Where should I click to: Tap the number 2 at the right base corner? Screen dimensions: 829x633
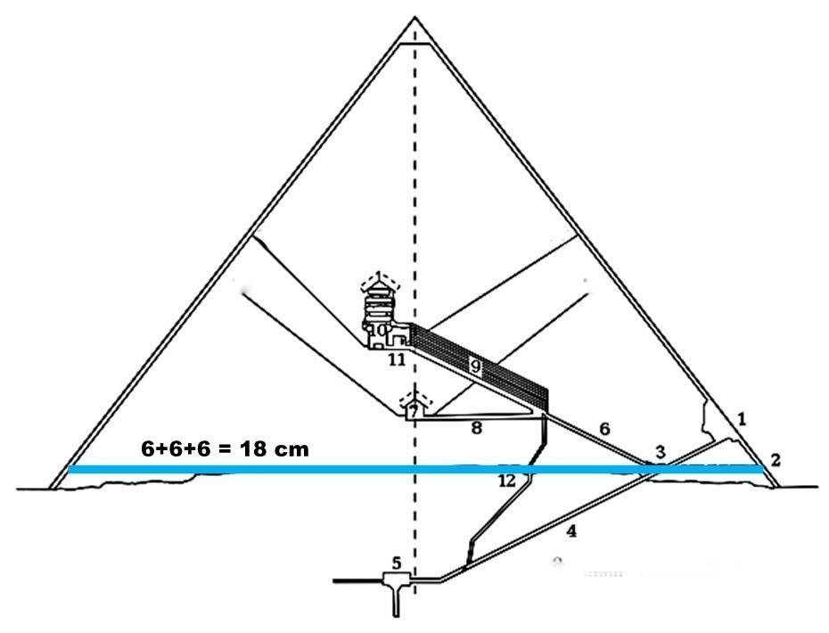click(x=776, y=460)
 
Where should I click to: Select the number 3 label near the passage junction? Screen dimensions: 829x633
click(x=660, y=452)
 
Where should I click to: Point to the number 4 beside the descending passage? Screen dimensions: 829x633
click(x=571, y=531)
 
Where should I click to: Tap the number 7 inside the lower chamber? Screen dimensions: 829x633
click(x=414, y=412)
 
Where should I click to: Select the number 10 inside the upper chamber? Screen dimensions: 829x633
click(x=377, y=332)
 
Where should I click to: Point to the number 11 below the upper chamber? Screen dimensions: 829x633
click(x=397, y=360)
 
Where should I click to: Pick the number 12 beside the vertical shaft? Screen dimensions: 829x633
click(x=507, y=481)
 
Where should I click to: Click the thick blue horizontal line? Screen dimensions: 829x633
click(x=267, y=469)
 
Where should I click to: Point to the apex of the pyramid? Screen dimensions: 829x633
click(x=414, y=18)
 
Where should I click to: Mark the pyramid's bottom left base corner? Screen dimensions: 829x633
click(x=52, y=488)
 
